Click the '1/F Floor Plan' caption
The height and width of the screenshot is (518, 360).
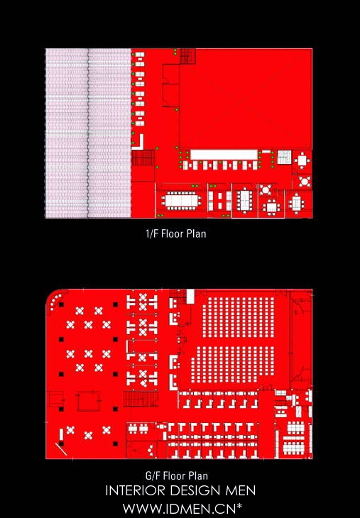176,234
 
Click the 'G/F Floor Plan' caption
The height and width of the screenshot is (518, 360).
177,475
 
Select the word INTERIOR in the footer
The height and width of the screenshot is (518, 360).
136,490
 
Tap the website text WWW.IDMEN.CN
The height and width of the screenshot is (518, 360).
180,508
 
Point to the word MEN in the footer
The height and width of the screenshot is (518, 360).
241,490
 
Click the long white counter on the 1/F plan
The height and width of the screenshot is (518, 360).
224,155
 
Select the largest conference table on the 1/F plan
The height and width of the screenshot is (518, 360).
181,201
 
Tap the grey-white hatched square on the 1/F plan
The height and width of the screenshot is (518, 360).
284,157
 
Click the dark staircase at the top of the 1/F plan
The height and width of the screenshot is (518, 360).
187,56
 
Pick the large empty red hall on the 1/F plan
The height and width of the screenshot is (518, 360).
246,99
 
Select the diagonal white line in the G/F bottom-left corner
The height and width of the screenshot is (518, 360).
61,449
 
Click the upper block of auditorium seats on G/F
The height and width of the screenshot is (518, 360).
238,317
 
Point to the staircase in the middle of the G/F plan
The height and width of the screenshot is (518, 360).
141,399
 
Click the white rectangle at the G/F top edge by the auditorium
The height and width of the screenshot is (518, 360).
190,297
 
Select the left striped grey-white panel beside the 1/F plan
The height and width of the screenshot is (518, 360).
67,133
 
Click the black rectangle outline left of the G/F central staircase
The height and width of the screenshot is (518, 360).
89,401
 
